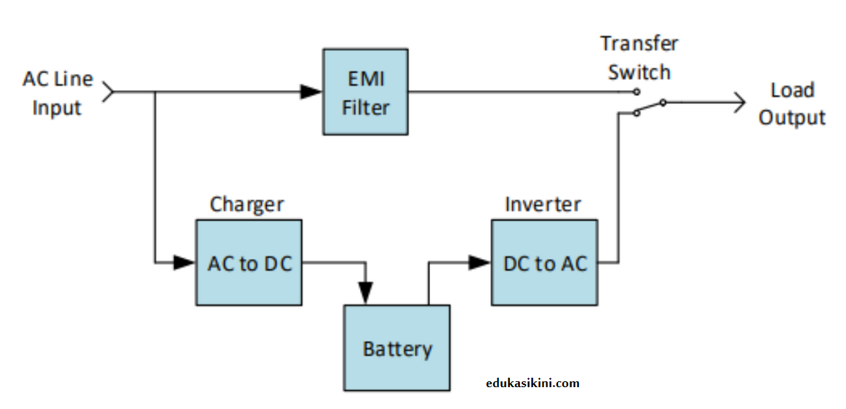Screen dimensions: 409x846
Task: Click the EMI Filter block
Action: pos(365,92)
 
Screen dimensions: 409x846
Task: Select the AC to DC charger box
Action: pos(249,263)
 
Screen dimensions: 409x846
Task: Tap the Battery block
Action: pos(396,348)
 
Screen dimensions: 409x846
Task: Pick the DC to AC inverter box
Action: pos(545,263)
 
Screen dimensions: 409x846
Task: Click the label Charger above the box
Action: pos(247,204)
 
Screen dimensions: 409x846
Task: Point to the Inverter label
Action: pos(543,204)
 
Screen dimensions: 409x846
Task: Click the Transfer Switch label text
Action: pos(639,57)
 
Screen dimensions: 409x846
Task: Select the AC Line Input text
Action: pos(57,93)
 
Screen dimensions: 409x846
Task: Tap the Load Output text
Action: pos(792,104)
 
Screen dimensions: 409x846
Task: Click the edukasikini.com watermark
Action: pos(532,383)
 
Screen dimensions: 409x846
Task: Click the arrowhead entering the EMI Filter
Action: pos(311,92)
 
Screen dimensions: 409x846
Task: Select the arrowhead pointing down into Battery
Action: pos(366,293)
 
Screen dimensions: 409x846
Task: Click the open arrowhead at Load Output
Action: pos(739,103)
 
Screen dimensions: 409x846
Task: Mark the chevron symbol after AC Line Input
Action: pos(108,92)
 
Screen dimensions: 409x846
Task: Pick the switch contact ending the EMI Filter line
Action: pos(636,92)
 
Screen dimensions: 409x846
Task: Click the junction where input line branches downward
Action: pos(155,92)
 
